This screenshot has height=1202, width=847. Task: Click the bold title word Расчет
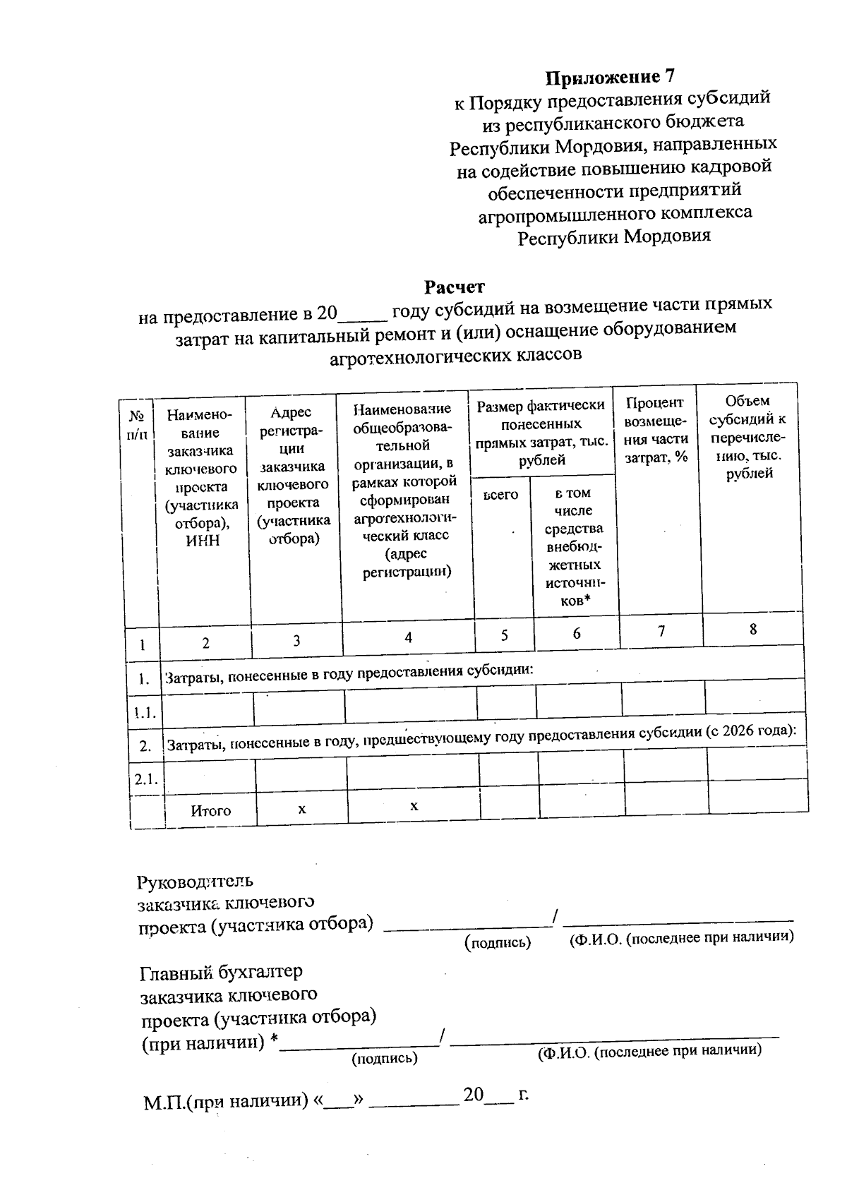tap(454, 287)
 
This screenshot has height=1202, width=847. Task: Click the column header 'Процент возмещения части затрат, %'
tap(656, 430)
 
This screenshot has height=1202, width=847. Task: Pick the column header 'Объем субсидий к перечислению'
tap(748, 437)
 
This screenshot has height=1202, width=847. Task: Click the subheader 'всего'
tap(500, 495)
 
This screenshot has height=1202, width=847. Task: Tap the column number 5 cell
tap(504, 635)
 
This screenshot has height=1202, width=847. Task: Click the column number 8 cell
tap(753, 629)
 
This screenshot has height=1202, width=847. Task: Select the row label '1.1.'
tap(145, 713)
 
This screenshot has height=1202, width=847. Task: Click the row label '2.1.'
tap(146, 779)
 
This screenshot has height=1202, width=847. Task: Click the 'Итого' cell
tap(210, 811)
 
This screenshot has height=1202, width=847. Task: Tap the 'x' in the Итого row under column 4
tap(414, 806)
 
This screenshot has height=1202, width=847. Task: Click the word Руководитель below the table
tap(195, 882)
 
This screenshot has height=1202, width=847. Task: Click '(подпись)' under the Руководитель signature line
tap(498, 942)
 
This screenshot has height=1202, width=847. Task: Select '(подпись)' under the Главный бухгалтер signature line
tap(385, 1058)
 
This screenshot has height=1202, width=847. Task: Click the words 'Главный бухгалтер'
tap(221, 972)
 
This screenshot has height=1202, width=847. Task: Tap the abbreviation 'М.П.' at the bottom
tap(164, 1102)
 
